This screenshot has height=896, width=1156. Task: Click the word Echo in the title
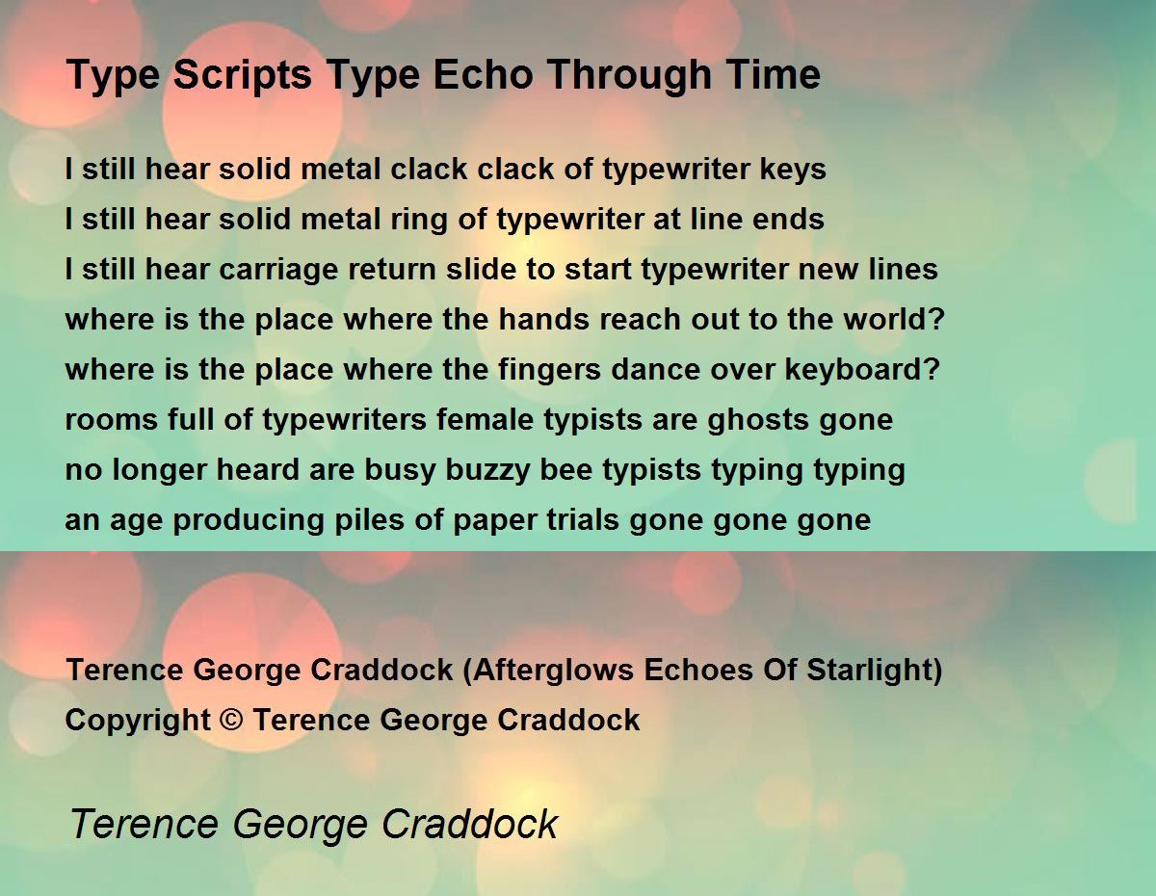pos(483,74)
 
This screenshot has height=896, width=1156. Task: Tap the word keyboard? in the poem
pos(862,369)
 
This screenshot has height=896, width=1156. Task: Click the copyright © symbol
pos(231,720)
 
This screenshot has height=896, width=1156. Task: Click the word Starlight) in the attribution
pos(874,671)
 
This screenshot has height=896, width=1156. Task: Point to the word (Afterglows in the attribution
pos(548,671)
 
